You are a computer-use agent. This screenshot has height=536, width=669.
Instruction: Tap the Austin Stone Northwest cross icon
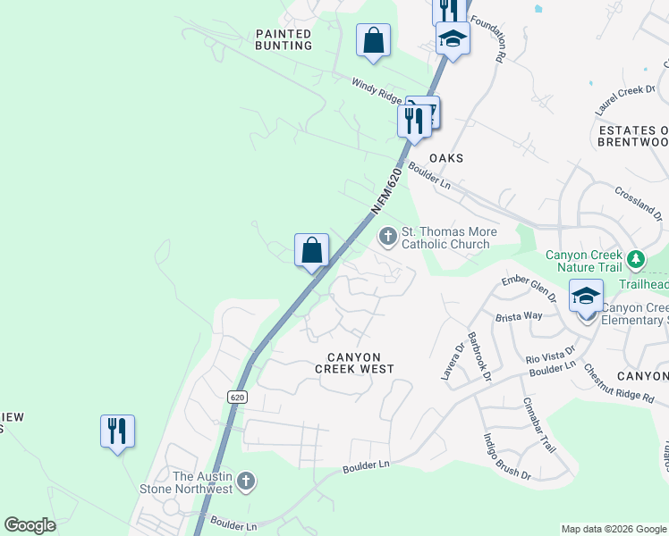[x=246, y=482]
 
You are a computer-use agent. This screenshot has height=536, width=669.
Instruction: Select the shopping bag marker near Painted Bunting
[x=373, y=41]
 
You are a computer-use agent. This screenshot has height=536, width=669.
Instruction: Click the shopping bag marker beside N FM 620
[x=312, y=250]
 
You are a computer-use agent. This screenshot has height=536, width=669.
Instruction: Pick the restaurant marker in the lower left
[x=117, y=431]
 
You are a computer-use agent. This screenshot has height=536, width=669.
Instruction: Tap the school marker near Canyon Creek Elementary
[x=586, y=297]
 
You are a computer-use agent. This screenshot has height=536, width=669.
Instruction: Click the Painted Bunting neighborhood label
[x=284, y=39]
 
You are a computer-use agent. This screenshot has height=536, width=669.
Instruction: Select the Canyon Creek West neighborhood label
[x=354, y=363]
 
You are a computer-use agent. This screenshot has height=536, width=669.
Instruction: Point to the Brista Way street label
[x=520, y=316]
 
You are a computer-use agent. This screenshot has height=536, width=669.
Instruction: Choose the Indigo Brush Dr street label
[x=507, y=457]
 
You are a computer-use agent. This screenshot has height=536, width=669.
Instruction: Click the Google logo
[x=30, y=525]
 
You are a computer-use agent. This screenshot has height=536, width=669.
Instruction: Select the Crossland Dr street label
[x=639, y=205]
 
